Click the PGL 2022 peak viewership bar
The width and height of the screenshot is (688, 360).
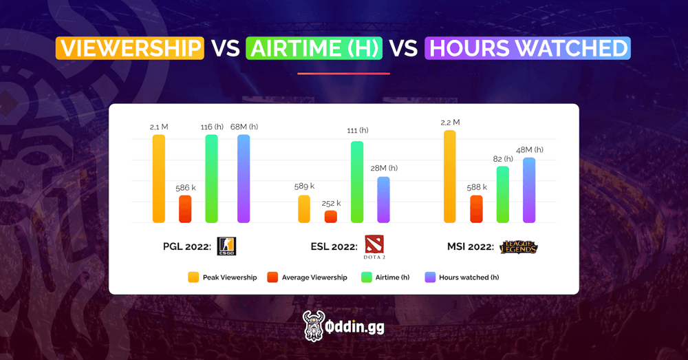(x=159, y=178)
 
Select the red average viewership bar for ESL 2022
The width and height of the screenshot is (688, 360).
(x=331, y=217)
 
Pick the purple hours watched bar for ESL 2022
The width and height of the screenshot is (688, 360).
(x=383, y=200)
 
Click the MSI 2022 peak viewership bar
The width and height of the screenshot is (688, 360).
(x=450, y=176)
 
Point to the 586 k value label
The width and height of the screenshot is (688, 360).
(x=185, y=187)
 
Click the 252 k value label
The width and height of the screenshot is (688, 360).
(x=331, y=203)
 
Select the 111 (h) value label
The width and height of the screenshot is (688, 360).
(x=357, y=131)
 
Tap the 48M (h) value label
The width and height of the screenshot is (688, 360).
(x=529, y=149)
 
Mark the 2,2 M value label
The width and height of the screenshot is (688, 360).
(x=450, y=122)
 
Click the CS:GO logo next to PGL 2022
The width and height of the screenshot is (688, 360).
(x=226, y=246)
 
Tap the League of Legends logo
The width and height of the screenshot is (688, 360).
(x=519, y=246)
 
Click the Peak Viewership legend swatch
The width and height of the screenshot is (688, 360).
(x=193, y=277)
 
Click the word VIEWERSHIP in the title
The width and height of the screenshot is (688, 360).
(x=130, y=48)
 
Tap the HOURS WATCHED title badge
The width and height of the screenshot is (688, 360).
(x=528, y=48)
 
